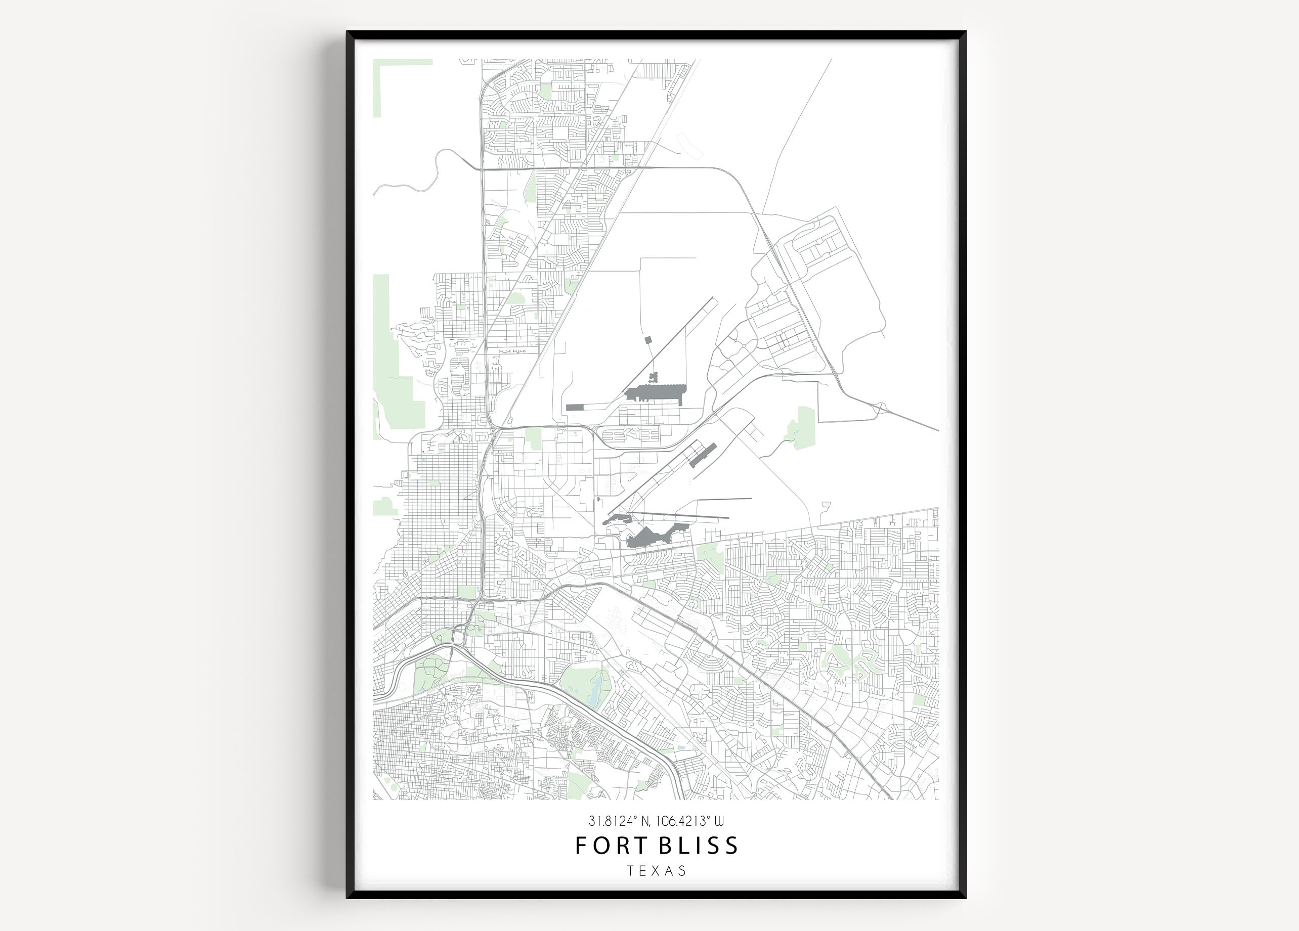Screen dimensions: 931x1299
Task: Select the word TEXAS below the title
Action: (657, 871)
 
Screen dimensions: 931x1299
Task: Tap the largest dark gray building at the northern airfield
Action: (656, 393)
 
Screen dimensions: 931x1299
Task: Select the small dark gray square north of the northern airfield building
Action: (648, 340)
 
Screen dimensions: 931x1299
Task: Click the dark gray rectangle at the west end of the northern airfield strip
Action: (574, 408)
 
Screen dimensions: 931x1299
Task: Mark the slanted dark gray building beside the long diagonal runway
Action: (702, 455)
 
